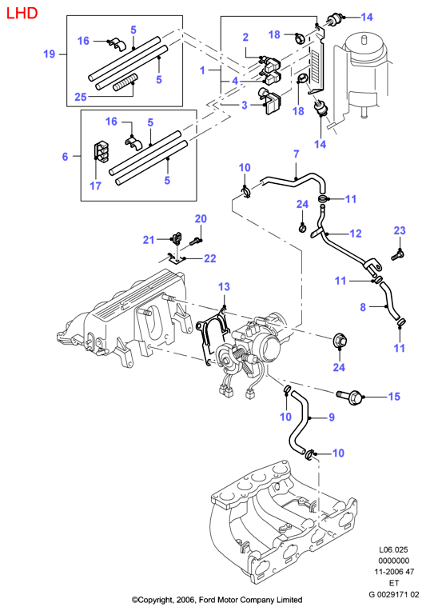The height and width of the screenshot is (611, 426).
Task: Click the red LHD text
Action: (x=22, y=14)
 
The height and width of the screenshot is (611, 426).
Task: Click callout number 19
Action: (x=49, y=54)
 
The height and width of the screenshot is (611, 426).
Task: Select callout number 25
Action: (x=80, y=97)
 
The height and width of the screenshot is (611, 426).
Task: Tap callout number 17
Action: (x=95, y=186)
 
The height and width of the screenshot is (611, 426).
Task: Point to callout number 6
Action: (x=65, y=157)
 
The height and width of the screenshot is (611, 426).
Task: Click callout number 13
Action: (x=224, y=287)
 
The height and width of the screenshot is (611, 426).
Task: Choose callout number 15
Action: (x=394, y=397)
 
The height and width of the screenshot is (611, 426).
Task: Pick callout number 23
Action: (x=400, y=230)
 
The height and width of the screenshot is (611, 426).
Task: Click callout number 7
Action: (x=296, y=154)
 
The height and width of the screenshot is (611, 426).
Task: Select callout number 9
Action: (x=332, y=417)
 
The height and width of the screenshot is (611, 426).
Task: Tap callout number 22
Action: (x=210, y=258)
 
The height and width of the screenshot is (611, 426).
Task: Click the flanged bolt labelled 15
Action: (x=348, y=397)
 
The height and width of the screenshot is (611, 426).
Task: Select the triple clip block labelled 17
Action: (x=102, y=151)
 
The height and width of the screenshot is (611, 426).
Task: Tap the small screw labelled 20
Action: (x=195, y=242)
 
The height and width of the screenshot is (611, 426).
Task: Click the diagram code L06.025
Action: (x=394, y=550)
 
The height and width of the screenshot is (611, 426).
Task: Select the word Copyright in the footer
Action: (x=153, y=599)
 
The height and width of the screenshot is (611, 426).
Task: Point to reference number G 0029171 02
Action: (x=394, y=594)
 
